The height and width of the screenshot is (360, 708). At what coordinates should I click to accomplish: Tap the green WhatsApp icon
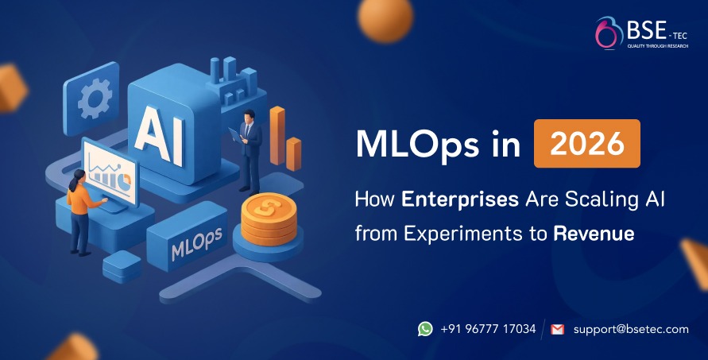(x=425, y=328)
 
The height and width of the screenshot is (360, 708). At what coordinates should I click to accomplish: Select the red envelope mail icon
(x=557, y=328)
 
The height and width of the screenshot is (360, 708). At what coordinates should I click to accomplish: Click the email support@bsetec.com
(x=630, y=328)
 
